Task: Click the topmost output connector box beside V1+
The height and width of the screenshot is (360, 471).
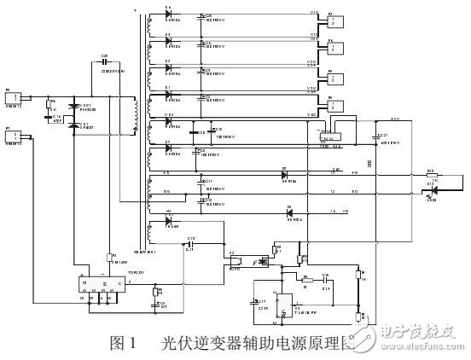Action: pos(334,19)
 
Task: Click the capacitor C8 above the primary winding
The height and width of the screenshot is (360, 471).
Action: pos(105,67)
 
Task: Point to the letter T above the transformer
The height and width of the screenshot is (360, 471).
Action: pos(134,10)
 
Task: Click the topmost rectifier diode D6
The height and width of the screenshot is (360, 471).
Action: pos(168,16)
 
